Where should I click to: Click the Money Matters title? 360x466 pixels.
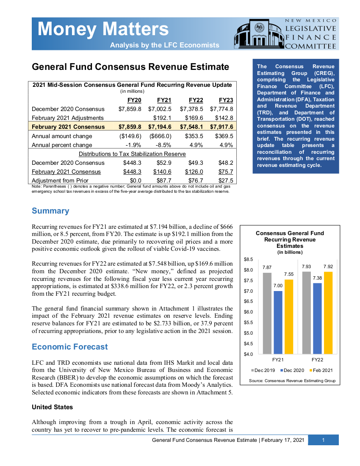coord(103,30)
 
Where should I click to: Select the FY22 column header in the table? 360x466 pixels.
coord(196,100)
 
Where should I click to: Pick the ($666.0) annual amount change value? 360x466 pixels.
coord(161,136)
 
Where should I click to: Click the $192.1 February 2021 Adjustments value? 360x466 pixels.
coord(162,118)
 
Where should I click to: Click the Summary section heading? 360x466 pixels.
coord(50,211)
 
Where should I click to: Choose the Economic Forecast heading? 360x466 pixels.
coord(70,347)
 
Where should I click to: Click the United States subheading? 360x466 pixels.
coord(52,407)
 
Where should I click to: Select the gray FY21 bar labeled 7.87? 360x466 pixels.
coord(267,313)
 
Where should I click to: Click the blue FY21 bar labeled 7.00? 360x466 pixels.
coord(278,322)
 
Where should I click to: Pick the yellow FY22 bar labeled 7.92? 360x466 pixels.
coord(328,313)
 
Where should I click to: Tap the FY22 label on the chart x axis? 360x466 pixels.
coord(317,360)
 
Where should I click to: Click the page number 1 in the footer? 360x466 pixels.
coord(323,441)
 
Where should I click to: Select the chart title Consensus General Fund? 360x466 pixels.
coord(290,233)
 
